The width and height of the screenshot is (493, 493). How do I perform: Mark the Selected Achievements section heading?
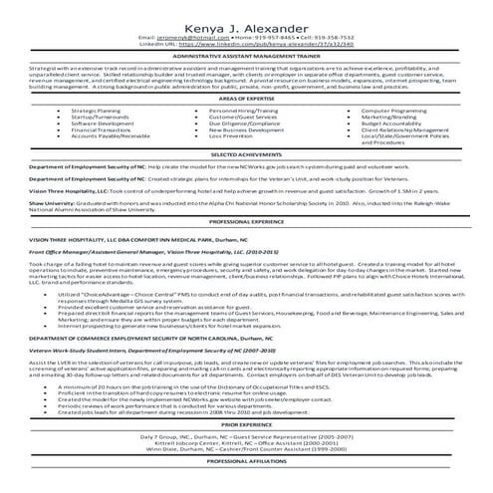pos(246,155)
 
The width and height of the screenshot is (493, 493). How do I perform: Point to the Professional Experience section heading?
pos(246,221)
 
